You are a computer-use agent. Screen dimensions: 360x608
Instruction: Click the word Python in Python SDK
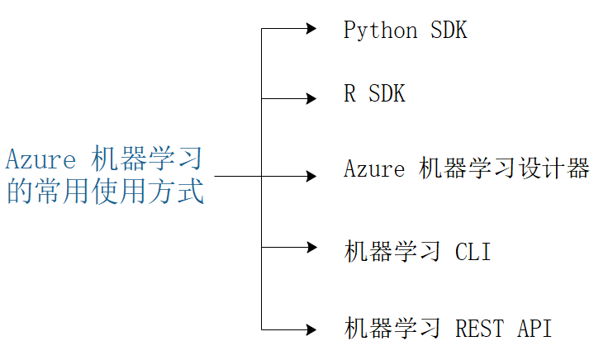click(381, 31)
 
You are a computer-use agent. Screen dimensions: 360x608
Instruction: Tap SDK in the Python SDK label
click(449, 31)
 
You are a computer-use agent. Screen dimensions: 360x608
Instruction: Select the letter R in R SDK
click(350, 94)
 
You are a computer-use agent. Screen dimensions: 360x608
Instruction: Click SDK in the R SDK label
click(387, 94)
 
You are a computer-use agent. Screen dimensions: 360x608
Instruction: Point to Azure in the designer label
click(374, 169)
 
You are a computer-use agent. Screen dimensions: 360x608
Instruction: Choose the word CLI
click(473, 252)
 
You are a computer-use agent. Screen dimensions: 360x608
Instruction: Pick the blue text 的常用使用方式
click(105, 192)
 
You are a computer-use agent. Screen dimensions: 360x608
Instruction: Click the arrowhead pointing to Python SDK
click(311, 29)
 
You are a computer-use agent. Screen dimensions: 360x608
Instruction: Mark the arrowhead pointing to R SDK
click(311, 99)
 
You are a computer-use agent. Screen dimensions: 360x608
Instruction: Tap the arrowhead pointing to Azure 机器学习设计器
click(311, 176)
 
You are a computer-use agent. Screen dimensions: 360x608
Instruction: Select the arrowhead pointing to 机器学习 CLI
click(311, 246)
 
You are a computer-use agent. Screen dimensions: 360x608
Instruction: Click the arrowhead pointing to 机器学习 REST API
click(311, 329)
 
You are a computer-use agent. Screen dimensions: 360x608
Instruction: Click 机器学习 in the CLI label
click(392, 252)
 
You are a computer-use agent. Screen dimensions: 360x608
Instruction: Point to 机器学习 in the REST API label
click(392, 328)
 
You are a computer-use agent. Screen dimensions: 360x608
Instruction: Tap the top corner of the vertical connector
click(262, 29)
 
